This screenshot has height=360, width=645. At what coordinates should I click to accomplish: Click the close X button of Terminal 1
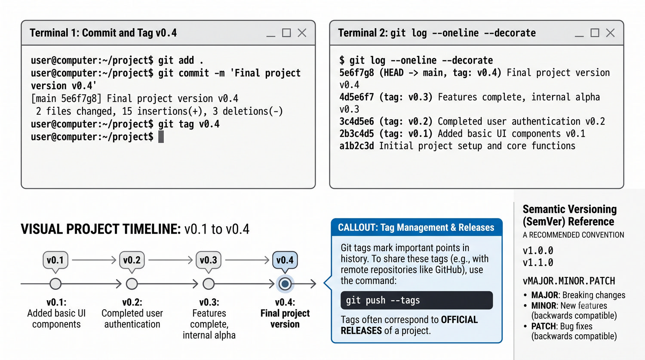[302, 33]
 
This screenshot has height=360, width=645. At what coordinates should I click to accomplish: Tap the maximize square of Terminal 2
[595, 33]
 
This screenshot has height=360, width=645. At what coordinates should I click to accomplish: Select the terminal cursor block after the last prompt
[161, 136]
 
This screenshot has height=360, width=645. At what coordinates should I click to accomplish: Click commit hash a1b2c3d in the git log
[356, 146]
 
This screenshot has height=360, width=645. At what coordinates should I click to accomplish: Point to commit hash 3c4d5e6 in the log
[356, 122]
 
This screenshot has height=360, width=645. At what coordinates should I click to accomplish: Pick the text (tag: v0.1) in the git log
[406, 134]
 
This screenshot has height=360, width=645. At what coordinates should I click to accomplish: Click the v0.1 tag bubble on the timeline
[55, 261]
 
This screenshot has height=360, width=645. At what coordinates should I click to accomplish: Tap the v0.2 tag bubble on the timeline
[132, 261]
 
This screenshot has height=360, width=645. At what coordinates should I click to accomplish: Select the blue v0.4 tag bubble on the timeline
[285, 261]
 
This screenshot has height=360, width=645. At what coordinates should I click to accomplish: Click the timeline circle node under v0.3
[209, 284]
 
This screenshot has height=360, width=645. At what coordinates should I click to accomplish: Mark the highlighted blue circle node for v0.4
[285, 284]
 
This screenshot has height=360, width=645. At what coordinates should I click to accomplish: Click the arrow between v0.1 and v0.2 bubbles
[94, 260]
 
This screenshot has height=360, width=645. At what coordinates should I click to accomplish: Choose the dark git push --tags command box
[417, 300]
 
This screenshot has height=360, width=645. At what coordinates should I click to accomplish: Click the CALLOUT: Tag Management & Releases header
[416, 228]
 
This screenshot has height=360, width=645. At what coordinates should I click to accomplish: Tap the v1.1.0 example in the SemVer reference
[538, 263]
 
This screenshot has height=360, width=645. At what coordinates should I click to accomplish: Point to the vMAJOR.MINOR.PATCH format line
[569, 281]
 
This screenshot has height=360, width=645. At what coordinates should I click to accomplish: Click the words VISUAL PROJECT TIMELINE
[101, 229]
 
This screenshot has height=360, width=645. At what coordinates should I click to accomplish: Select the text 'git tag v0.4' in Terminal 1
[189, 124]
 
